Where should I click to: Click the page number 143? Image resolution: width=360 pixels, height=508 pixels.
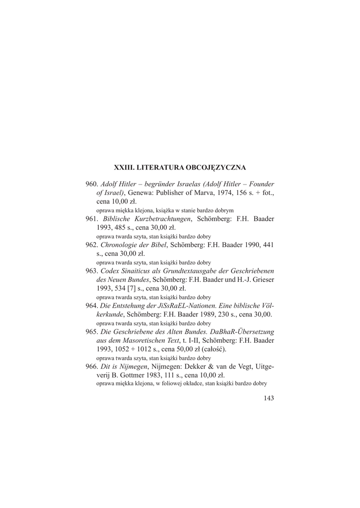pyautogui.click(x=269, y=397)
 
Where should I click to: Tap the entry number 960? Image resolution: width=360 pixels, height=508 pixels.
pyautogui.click(x=92, y=184)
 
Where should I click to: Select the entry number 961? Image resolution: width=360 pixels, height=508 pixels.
pyautogui.click(x=92, y=219)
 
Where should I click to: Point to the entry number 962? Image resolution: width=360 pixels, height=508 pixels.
pyautogui.click(x=92, y=245)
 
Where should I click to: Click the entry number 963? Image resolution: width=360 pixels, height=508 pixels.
pyautogui.click(x=92, y=271)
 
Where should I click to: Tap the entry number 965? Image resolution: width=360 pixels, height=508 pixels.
pyautogui.click(x=92, y=331)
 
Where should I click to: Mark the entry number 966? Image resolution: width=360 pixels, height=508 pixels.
pyautogui.click(x=92, y=366)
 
